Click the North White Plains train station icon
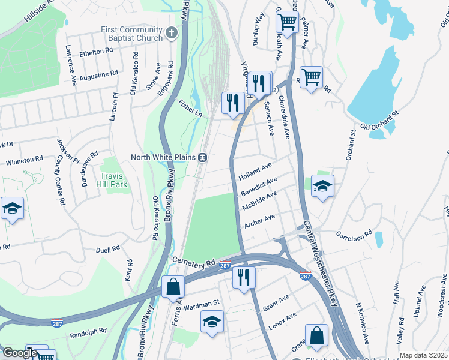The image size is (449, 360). pyautogui.click(x=203, y=158)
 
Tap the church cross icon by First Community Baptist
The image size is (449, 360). pyautogui.click(x=172, y=32)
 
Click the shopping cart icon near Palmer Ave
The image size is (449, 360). pyautogui.click(x=287, y=22)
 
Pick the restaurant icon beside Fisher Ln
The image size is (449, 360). pyautogui.click(x=232, y=102)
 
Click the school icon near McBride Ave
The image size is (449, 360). pyautogui.click(x=322, y=186)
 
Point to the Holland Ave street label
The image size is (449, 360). pyautogui.click(x=255, y=171)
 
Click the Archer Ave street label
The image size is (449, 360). pyautogui.click(x=259, y=221)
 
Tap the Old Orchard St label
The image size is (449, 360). pyautogui.click(x=379, y=122)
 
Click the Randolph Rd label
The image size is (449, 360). pyautogui.click(x=88, y=331)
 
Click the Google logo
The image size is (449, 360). pyautogui.click(x=20, y=353)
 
